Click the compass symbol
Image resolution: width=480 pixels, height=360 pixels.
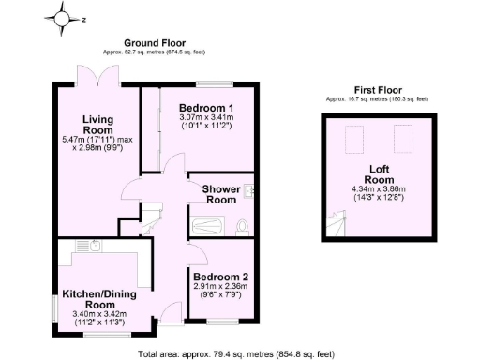coord(61,17)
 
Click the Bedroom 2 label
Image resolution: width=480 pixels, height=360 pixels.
coord(221,277)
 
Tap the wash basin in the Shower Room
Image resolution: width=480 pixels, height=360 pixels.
coord(249,192)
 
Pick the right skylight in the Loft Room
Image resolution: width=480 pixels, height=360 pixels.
coord(397,140)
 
